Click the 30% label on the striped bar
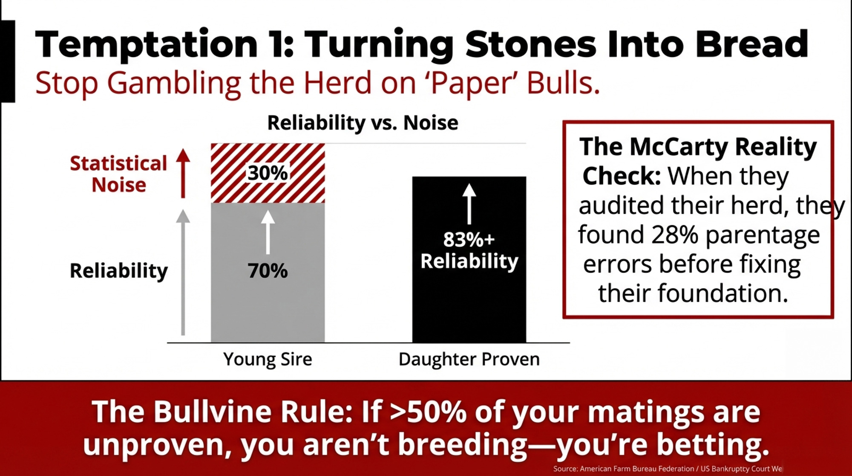[x=268, y=173]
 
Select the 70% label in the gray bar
[x=268, y=271]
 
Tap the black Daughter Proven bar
[x=469, y=259]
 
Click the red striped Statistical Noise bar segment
[x=268, y=173]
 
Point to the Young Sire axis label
[x=268, y=359]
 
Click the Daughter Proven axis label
[x=469, y=359]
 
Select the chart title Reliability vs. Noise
[x=363, y=123]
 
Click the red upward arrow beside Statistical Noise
[x=183, y=173]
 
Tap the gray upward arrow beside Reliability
[x=183, y=272]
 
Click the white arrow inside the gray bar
[x=268, y=232]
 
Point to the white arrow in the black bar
[x=469, y=204]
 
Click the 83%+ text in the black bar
[x=469, y=239]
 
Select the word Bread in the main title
[x=751, y=44]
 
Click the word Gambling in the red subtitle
[x=174, y=83]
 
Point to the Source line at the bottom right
[x=668, y=468]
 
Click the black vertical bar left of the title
[x=8, y=61]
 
